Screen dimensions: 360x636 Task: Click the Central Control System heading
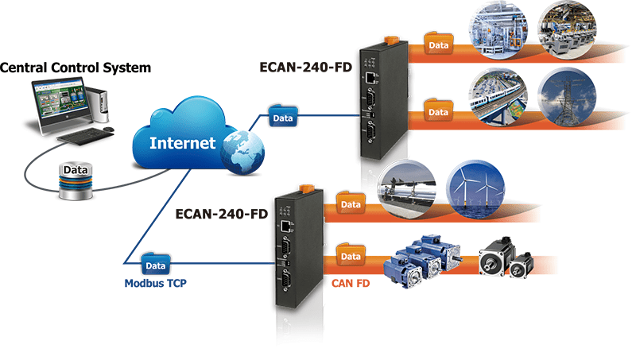75,68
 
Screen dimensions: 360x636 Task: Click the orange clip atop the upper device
389,37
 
